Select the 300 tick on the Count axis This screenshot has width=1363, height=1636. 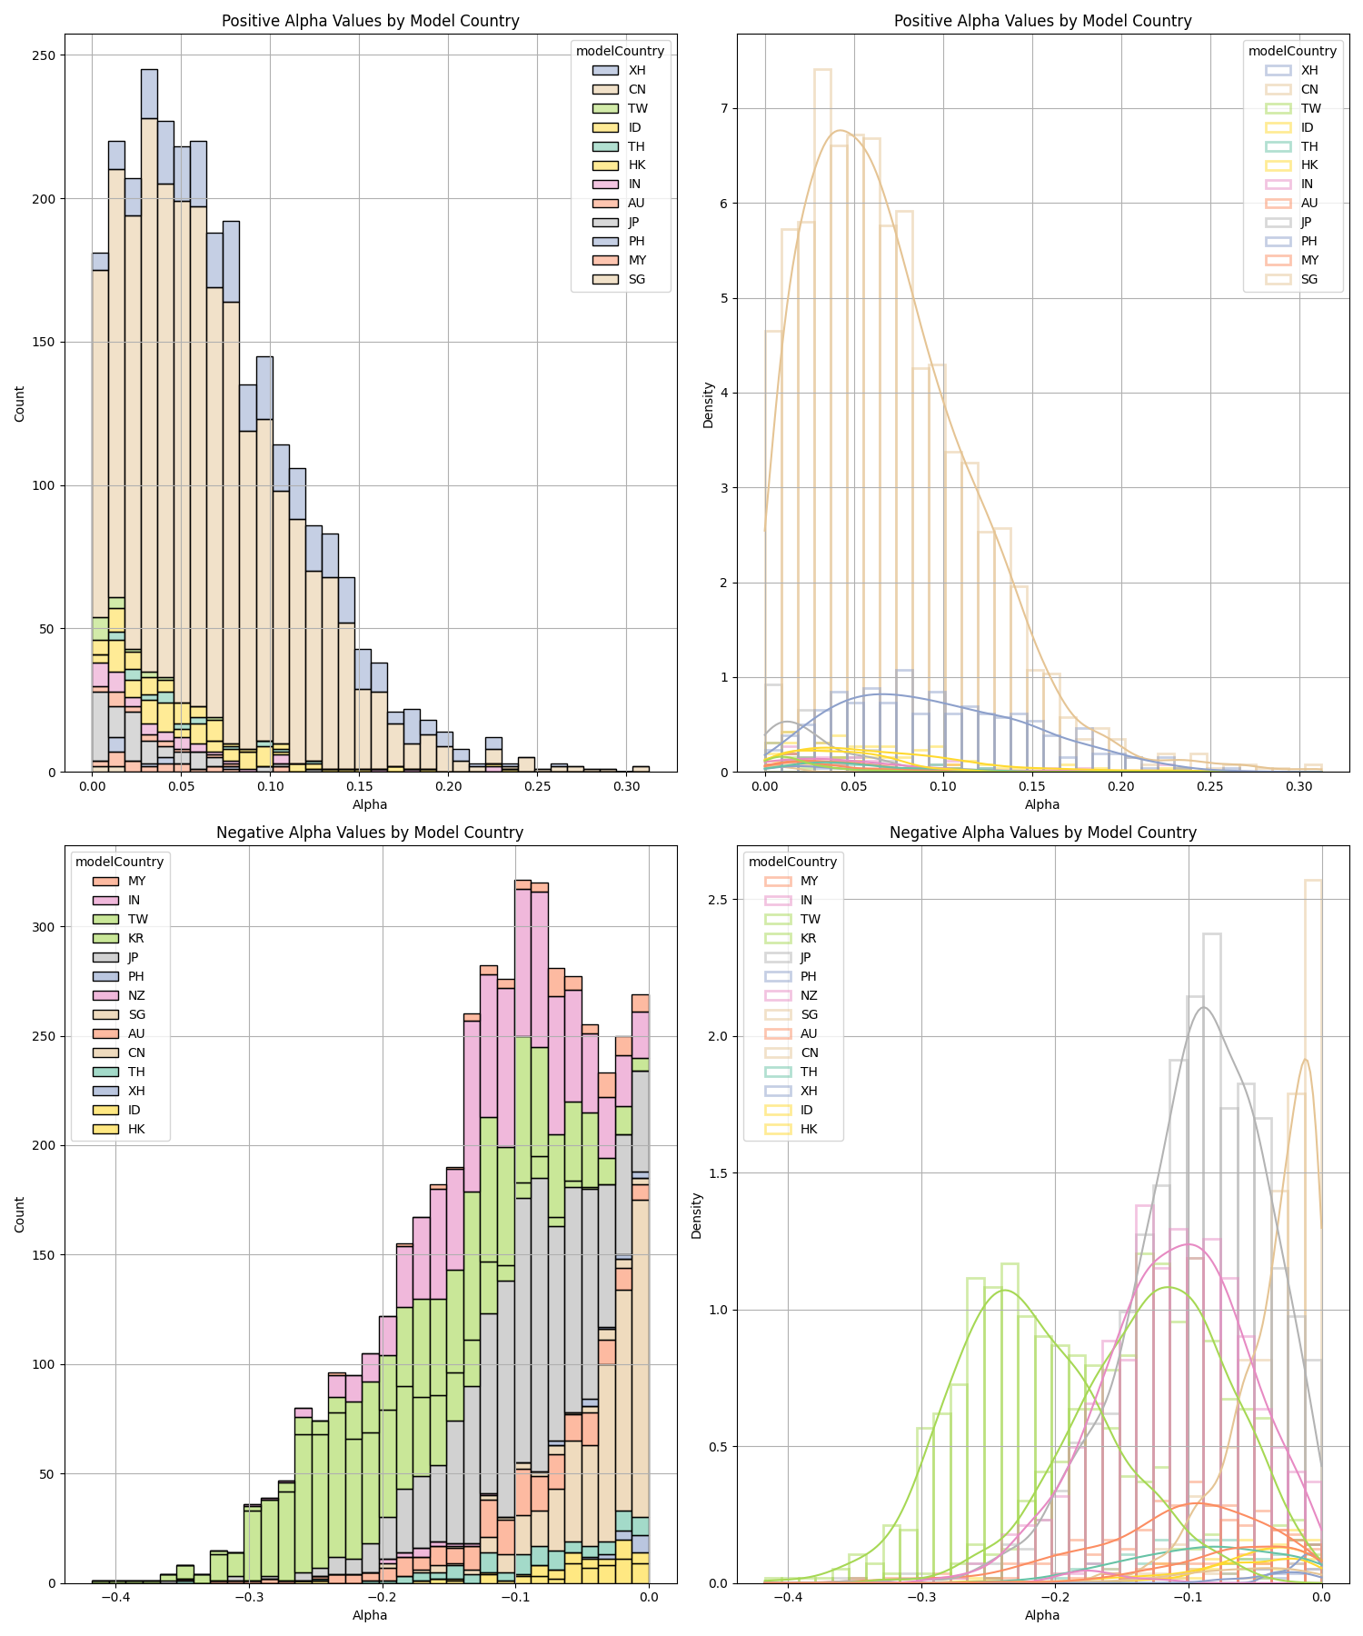[x=46, y=927]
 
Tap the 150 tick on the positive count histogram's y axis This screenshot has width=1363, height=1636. [x=46, y=343]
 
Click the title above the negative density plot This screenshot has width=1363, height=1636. [x=1042, y=833]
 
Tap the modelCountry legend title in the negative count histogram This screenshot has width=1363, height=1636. [x=119, y=862]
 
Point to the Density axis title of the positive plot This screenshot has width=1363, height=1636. [x=708, y=404]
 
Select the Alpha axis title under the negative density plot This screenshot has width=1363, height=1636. [x=1042, y=1615]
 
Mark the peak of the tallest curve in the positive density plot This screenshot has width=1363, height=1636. [x=841, y=131]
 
